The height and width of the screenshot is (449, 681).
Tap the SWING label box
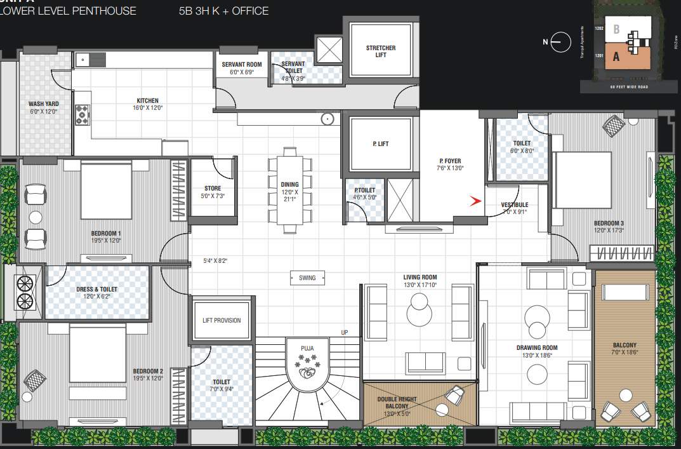(307, 278)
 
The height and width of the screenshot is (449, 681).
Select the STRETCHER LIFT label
(381, 51)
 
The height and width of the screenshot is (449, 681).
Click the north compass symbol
(557, 42)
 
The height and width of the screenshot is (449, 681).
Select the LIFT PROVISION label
(221, 320)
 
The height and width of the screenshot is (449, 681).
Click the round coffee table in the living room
(420, 311)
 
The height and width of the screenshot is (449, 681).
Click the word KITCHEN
(147, 100)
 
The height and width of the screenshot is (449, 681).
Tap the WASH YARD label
(44, 104)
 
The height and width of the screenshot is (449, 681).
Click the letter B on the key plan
(616, 29)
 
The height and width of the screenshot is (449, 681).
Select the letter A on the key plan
(616, 57)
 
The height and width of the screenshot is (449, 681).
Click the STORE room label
(213, 188)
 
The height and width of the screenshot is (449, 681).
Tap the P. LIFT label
(380, 144)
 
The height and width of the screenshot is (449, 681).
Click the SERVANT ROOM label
(241, 65)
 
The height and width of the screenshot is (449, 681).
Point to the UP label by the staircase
(345, 333)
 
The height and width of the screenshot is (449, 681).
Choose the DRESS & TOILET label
(96, 289)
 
